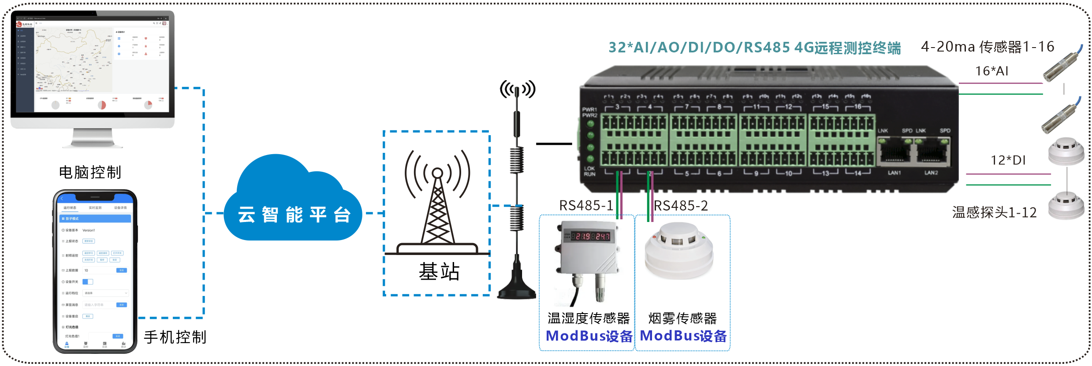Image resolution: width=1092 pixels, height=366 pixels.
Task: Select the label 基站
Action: (439, 271)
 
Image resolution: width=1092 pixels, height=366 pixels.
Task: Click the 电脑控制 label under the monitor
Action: (90, 172)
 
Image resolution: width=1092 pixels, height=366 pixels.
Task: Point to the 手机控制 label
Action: (175, 337)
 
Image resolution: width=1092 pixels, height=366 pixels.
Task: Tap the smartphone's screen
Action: (95, 273)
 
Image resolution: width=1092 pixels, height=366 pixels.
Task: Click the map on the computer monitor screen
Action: (73, 59)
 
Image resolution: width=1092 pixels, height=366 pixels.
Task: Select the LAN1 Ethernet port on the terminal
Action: (894, 152)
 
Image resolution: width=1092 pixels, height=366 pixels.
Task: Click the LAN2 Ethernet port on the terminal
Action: (932, 152)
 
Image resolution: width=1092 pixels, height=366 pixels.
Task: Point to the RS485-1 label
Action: (586, 206)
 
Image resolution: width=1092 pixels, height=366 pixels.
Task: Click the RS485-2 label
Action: (681, 206)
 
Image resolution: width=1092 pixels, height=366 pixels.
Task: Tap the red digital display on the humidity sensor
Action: (591, 236)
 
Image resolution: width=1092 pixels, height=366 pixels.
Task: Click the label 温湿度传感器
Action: (589, 318)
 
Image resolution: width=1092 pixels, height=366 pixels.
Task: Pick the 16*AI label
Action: (991, 71)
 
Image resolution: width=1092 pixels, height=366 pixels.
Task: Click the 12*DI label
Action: (1008, 160)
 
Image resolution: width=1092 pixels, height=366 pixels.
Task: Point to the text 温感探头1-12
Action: (994, 213)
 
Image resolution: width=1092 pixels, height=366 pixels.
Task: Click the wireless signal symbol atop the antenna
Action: (517, 89)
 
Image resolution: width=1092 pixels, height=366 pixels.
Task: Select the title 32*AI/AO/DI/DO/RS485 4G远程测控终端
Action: (754, 48)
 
